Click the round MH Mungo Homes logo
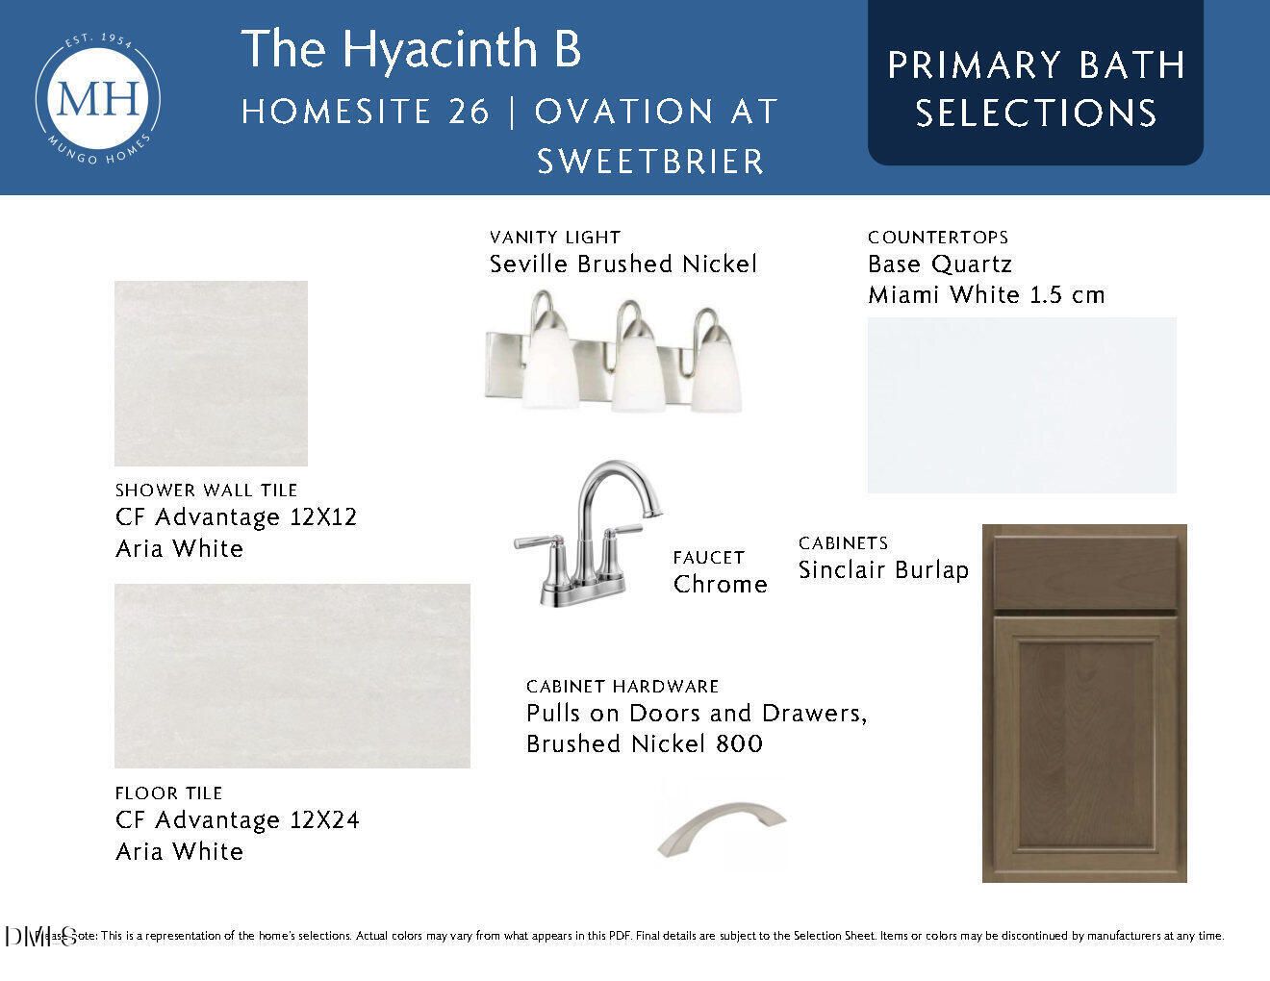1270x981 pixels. tap(97, 98)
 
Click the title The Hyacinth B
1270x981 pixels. tap(411, 48)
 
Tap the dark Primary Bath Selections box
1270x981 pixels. tap(1035, 83)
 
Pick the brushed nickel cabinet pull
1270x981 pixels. tap(722, 828)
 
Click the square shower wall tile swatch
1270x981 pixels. tap(211, 373)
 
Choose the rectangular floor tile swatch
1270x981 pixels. tap(292, 675)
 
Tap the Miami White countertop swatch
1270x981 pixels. tap(1022, 406)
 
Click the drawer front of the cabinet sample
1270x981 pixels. tap(1084, 574)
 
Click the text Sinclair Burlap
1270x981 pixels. tap(883, 570)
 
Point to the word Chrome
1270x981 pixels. tap(720, 585)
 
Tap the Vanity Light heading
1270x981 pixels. tap(554, 238)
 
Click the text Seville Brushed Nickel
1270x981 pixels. tap(623, 264)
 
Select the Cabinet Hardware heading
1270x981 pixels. tap(622, 687)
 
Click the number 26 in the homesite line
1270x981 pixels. tap(469, 112)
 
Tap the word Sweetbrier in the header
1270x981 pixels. tap(650, 162)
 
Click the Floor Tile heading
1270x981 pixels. tap(169, 793)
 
